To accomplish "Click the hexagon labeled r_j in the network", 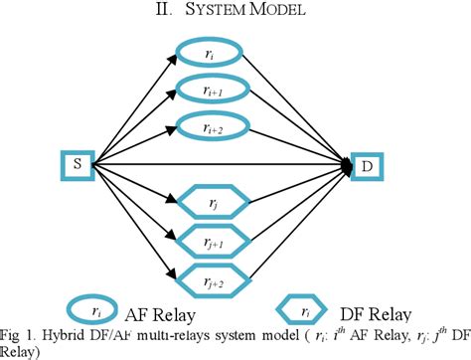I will pos(211,204).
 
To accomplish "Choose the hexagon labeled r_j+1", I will pos(211,242).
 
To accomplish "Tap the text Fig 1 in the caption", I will pos(18,333).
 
